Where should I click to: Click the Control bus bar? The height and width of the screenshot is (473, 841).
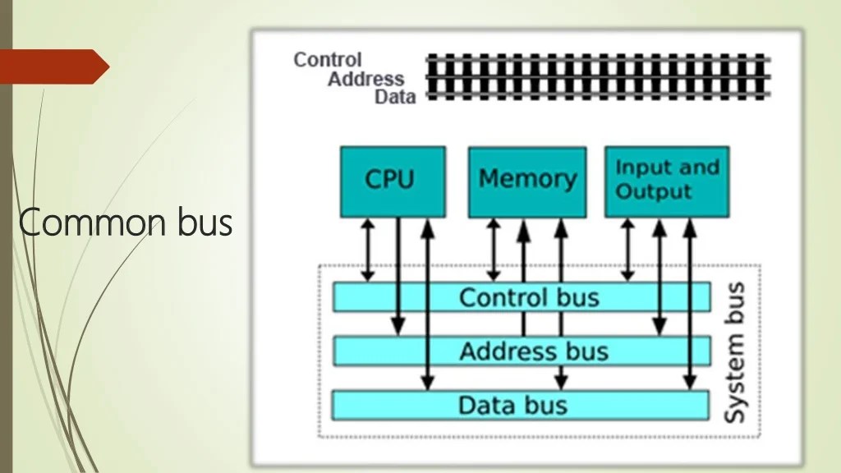pos(522,296)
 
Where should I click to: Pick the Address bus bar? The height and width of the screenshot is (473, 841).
pos(522,351)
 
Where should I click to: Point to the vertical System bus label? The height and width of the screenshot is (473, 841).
pos(734,353)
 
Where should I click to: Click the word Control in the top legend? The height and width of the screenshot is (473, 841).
pos(327,60)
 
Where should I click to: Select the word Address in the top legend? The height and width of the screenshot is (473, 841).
pos(365,79)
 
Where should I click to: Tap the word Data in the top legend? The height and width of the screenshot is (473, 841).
pos(395,97)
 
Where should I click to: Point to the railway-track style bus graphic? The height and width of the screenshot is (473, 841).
pos(598,77)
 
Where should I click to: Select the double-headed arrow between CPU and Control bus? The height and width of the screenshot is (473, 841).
pos(368,248)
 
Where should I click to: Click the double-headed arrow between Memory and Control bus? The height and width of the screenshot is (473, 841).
pos(494,248)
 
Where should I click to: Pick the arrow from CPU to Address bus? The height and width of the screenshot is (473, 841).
pos(398,275)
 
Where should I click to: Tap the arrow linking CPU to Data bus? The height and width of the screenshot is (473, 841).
pos(426,304)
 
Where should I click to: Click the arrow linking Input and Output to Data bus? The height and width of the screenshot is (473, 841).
pos(690,304)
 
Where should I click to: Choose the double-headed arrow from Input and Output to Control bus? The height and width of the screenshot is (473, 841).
pos(628,248)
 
